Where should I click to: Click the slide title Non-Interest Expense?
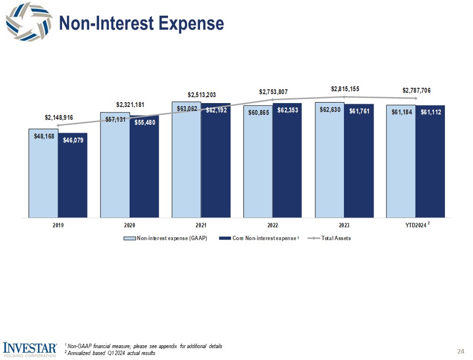tap(141, 23)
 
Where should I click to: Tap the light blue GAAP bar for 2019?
tap(43, 178)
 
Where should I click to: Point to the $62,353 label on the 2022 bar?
tap(287, 111)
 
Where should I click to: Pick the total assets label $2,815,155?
tap(345, 89)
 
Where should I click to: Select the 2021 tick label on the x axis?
tap(201, 225)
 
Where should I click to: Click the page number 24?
tap(461, 351)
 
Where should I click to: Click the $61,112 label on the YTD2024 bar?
tap(431, 113)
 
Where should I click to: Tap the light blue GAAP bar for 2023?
tap(330, 163)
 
